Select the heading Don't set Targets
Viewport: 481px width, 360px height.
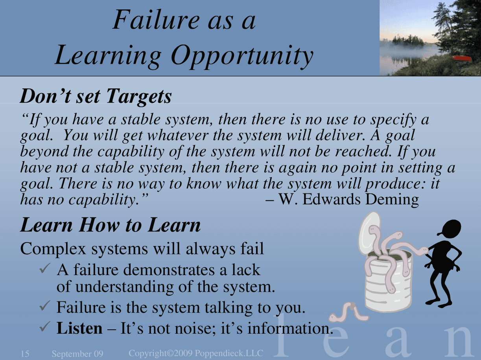coord(96,96)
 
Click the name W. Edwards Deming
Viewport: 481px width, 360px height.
coord(348,200)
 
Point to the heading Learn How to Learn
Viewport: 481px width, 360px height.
coord(111,225)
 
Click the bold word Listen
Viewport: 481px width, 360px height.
coord(79,328)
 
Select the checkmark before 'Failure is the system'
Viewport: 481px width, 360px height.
coord(45,305)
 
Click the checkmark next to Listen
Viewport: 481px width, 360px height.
coord(45,327)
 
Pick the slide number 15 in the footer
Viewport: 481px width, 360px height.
coord(25,354)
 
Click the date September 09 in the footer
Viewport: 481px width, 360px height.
coord(77,354)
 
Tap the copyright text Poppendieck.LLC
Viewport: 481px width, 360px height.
coord(229,353)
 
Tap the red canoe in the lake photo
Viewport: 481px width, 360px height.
coord(462,58)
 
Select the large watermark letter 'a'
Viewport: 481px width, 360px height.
coord(398,344)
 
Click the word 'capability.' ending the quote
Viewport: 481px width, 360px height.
coord(104,200)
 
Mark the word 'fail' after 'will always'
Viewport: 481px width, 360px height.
coord(252,249)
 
